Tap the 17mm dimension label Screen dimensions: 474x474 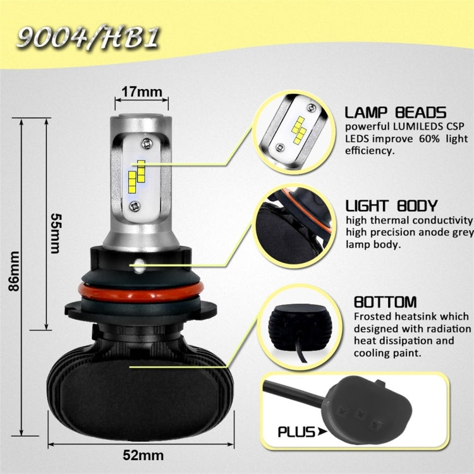pos(142,92)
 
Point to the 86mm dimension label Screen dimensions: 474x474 pos(14,271)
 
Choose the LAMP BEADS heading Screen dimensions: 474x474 pos(396,113)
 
